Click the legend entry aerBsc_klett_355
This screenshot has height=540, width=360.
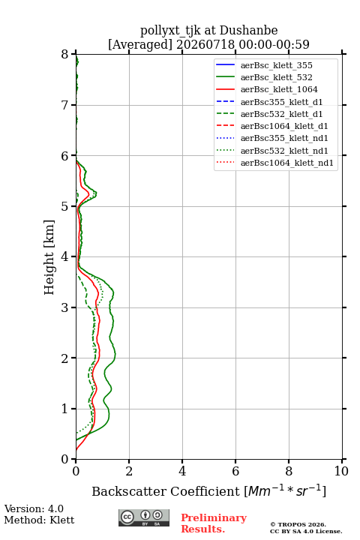276,65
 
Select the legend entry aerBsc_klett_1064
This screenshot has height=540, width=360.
279,89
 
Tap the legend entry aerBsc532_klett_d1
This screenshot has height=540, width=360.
281,114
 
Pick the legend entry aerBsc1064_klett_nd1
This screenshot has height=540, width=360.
287,163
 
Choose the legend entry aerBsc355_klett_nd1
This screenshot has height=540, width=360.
284,138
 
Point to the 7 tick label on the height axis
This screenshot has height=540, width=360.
64,105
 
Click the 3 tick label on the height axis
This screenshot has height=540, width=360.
64,307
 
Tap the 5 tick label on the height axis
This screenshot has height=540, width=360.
64,206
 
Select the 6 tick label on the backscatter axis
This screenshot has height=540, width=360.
235,471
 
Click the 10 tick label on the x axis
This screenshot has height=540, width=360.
341,471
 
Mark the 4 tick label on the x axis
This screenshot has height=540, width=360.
182,471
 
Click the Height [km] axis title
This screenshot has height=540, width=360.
49,257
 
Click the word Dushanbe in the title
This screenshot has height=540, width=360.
248,30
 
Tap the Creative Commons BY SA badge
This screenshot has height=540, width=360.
144,517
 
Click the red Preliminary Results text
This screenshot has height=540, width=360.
214,523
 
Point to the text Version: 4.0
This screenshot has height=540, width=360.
34,508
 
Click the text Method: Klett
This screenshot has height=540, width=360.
39,520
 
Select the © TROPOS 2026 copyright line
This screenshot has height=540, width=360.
298,524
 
